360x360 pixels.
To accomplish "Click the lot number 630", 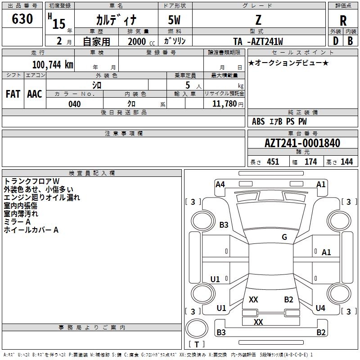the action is [x=22, y=19].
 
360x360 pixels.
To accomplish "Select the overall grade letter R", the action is [x=343, y=21].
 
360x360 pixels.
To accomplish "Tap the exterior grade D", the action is [x=336, y=41].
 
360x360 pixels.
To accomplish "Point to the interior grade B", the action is [x=350, y=41].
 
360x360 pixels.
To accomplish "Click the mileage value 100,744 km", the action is [x=53, y=65].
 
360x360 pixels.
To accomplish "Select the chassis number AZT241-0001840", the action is [x=302, y=143].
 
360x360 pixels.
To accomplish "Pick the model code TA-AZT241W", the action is [x=258, y=41].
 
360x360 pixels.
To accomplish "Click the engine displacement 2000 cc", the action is [x=141, y=41].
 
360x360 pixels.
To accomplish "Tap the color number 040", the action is [x=75, y=104].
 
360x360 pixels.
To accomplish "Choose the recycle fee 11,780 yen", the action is [x=228, y=104].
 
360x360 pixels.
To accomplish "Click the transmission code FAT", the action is [x=13, y=94].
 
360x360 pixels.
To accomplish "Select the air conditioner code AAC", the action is [x=35, y=94].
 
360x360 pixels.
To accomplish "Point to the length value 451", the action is [x=273, y=162].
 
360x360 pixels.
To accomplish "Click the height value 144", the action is [x=346, y=162].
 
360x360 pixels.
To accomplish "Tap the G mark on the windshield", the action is [x=284, y=237].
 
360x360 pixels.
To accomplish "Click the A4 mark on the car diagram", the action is [x=220, y=184].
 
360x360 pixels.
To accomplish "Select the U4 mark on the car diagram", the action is [x=320, y=308].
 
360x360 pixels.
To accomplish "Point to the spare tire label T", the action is [x=197, y=344].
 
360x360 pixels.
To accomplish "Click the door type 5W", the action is [x=174, y=20].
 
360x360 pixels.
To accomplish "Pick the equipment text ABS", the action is [x=258, y=121].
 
